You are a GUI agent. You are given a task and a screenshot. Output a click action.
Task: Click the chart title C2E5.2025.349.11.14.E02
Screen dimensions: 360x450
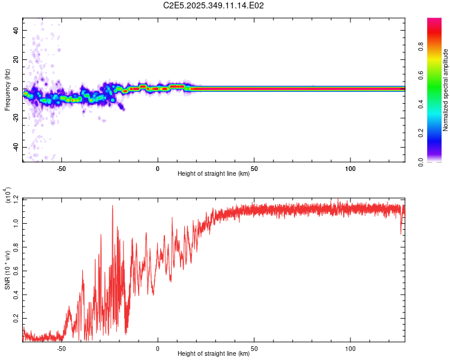[x=214, y=5]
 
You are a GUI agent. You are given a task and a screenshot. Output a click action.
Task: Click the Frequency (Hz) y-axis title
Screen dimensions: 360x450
[x=7, y=90]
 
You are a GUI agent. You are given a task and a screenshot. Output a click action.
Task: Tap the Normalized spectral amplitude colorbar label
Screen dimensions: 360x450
[x=446, y=90]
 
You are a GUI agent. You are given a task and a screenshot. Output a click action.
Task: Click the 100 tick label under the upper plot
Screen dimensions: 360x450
[x=350, y=169]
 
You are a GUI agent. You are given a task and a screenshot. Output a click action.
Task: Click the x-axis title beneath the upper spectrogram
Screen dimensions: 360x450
[x=214, y=174]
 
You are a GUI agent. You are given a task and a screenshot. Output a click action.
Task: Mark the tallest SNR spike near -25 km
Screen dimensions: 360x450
[x=112, y=206]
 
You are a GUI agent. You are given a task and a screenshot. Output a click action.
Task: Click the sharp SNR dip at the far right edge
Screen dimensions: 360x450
[x=401, y=233]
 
